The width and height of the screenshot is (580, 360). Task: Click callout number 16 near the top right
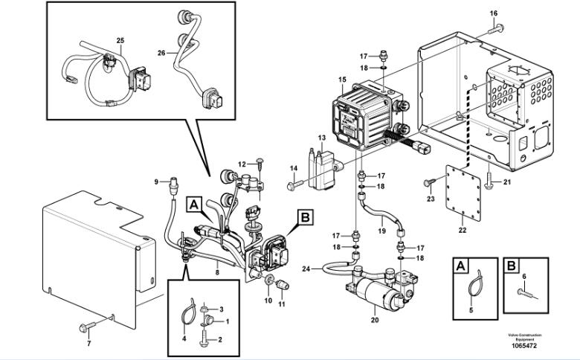(494, 13)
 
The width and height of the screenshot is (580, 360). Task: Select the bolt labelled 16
(495, 30)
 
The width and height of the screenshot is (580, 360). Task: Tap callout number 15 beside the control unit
(342, 80)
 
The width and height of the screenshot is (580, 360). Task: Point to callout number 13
(322, 138)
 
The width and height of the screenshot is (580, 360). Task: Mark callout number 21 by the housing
(508, 182)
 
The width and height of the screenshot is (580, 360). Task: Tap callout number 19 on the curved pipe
(381, 231)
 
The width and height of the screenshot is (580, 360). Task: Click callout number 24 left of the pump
(306, 269)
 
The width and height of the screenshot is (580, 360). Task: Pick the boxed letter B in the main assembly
(304, 217)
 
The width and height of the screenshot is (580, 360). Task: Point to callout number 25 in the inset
(120, 39)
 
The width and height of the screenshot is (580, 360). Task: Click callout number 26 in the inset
(161, 53)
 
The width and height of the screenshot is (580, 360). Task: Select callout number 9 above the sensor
(156, 181)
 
